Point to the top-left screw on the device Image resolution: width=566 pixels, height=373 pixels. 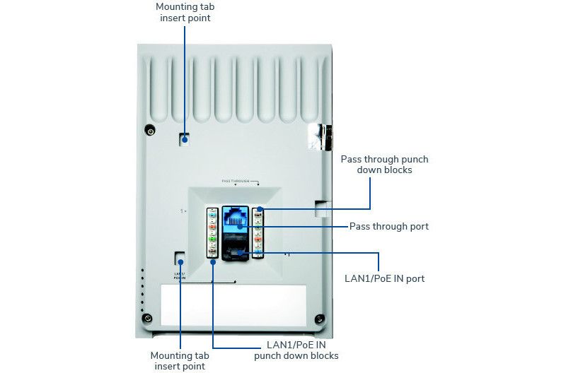click(x=150, y=131)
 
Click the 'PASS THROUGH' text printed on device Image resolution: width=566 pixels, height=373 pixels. click(x=236, y=182)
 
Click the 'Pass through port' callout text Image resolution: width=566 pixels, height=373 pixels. click(x=388, y=227)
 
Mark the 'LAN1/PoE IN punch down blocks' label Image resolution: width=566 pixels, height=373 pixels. click(x=296, y=350)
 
